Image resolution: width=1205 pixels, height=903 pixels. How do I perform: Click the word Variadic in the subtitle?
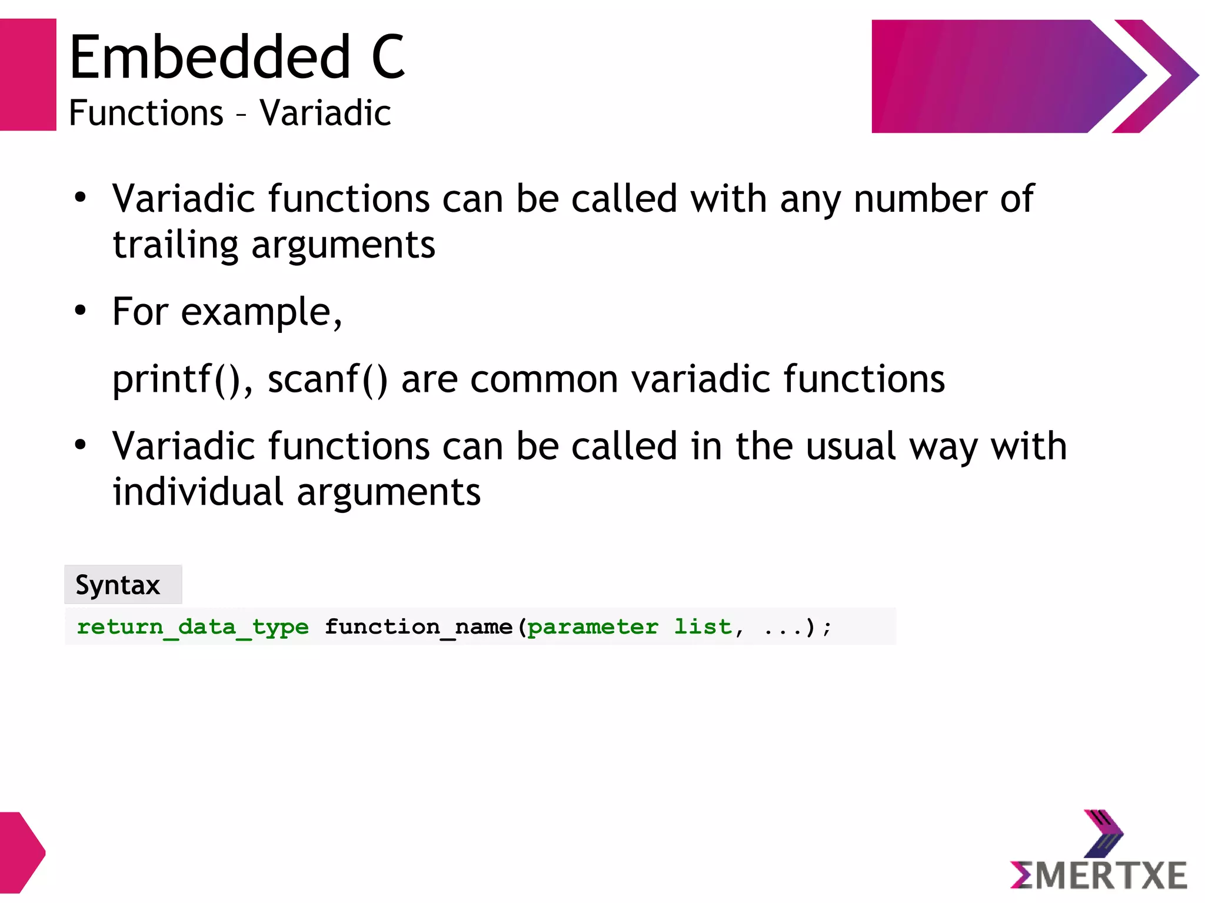tap(325, 113)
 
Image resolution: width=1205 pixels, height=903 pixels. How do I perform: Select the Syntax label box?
tap(123, 585)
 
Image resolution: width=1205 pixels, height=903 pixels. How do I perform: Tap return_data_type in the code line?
tap(192, 627)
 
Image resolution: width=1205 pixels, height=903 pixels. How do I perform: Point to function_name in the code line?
tap(418, 627)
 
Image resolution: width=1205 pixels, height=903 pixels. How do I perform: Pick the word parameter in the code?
tap(592, 628)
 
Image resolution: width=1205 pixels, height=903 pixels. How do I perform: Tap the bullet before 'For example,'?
tap(81, 310)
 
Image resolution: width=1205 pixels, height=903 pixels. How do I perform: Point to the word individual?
tap(198, 492)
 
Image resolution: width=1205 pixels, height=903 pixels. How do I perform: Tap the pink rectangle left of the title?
tap(28, 75)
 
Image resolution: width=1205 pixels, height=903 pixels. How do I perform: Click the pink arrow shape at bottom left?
tap(21, 852)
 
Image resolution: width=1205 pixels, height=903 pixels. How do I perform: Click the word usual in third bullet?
tap(850, 446)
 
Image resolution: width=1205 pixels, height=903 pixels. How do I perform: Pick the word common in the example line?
tap(544, 379)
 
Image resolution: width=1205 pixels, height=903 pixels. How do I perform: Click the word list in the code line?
tap(703, 627)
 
